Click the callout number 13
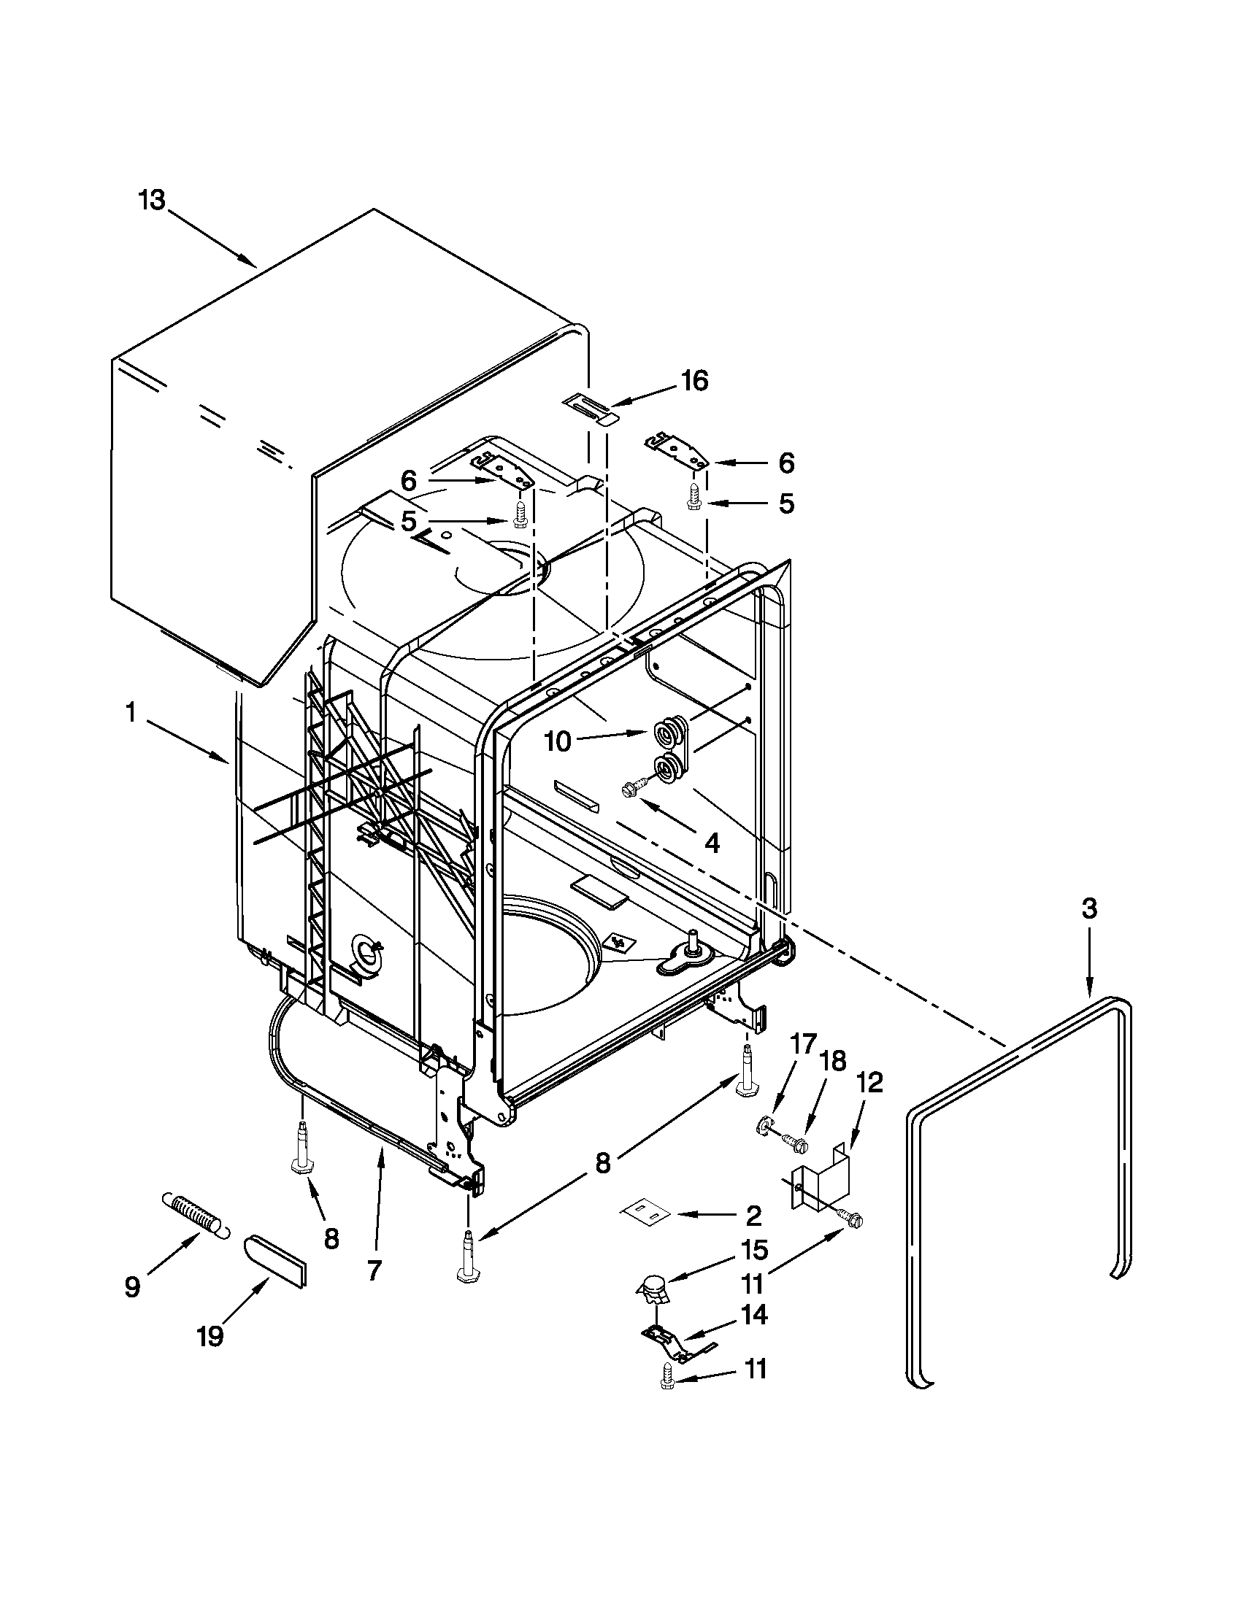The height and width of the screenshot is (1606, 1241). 153,200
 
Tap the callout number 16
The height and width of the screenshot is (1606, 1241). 693,381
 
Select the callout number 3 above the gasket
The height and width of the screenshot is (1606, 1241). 1088,909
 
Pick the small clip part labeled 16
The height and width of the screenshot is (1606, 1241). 591,407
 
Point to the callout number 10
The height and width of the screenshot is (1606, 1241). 558,741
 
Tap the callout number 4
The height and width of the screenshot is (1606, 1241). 711,843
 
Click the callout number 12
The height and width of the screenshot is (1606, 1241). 868,1083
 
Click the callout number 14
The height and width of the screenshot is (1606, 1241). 755,1314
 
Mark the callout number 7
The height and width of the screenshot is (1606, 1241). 374,1270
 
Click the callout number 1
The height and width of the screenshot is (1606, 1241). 130,713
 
